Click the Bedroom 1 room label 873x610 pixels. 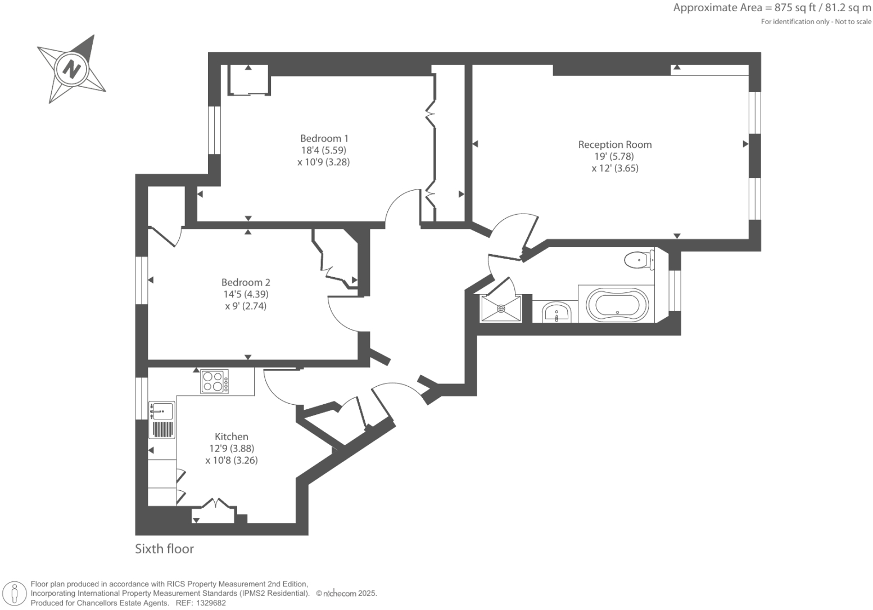[324, 138]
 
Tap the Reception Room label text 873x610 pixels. [615, 144]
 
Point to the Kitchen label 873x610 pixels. [232, 436]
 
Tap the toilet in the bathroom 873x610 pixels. [639, 260]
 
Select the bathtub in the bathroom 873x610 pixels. [617, 305]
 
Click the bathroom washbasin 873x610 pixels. [557, 311]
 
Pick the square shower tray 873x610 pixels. [501, 308]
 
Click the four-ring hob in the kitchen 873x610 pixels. [215, 381]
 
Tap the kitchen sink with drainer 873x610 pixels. [162, 420]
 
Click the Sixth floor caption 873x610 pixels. [164, 549]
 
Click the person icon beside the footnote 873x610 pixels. [15, 594]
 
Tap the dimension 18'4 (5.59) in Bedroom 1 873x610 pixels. [324, 150]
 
